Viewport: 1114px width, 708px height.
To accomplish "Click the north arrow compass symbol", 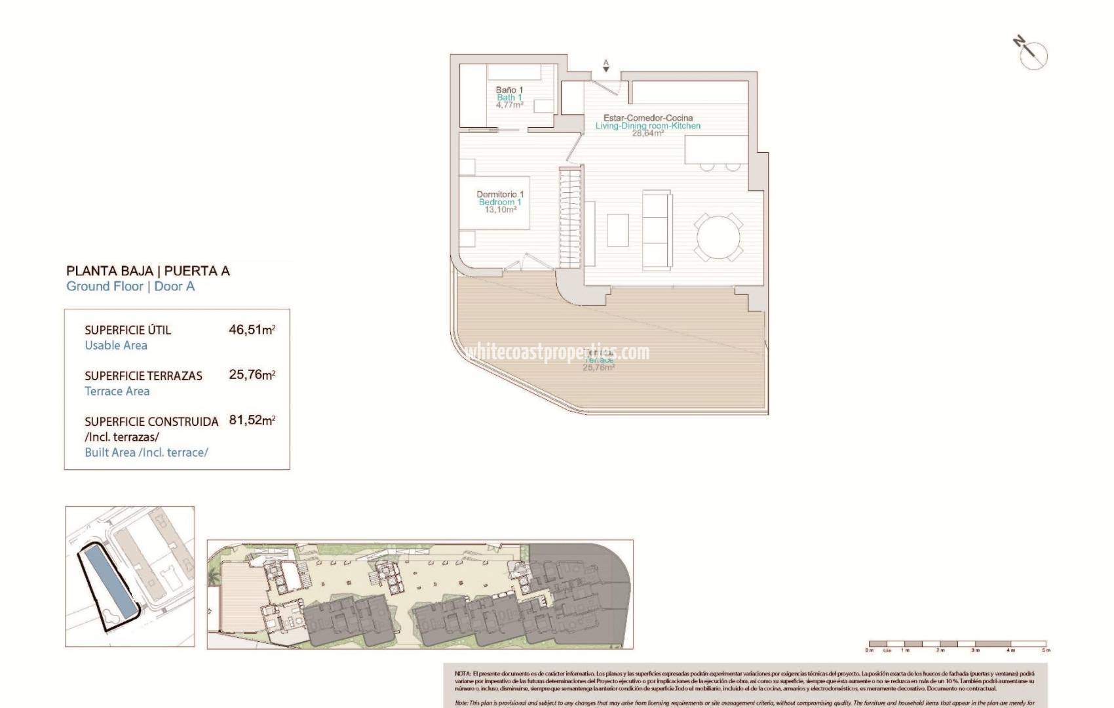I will pos(1033,54).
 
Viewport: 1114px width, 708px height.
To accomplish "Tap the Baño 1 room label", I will pos(509,90).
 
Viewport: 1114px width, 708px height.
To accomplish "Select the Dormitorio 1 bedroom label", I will pos(500,194).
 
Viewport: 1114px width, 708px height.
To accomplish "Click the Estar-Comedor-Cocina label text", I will pos(647,118).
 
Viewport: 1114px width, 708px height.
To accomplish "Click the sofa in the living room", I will pos(657,229).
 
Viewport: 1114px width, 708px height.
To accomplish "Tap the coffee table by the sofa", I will pos(618,230).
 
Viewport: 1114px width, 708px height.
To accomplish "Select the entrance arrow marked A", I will pos(606,66).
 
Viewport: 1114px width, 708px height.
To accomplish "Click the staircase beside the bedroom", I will pos(570,216).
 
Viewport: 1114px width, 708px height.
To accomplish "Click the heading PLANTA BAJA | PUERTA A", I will pos(148,271).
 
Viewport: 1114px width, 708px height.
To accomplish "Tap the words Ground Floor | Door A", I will pos(130,286).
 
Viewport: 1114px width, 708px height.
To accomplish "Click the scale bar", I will pos(957,644).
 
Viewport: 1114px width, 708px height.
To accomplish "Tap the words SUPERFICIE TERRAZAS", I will pos(143,376).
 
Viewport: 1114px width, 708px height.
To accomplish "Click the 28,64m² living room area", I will pos(647,133).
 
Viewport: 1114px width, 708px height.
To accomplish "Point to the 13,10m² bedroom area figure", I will pos(500,210).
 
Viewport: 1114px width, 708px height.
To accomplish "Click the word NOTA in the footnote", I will pos(462,674).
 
